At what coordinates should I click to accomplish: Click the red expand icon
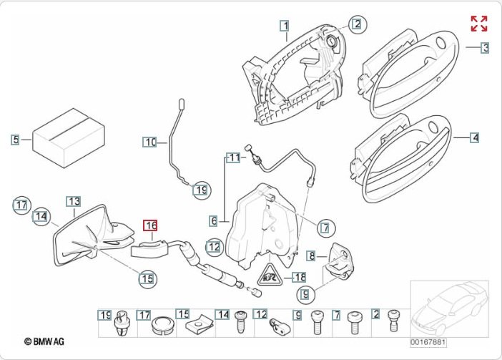pyautogui.click(x=478, y=23)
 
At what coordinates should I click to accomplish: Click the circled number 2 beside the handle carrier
pyautogui.click(x=356, y=24)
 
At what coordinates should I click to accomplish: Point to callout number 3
pyautogui.click(x=485, y=48)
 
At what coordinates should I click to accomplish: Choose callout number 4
pyautogui.click(x=475, y=137)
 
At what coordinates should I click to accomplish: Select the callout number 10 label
pyautogui.click(x=149, y=142)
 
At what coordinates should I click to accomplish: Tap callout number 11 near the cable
pyautogui.click(x=233, y=157)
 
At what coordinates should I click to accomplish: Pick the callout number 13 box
pyautogui.click(x=74, y=202)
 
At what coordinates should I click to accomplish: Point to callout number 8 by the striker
pyautogui.click(x=311, y=255)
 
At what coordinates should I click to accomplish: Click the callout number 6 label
pyautogui.click(x=213, y=220)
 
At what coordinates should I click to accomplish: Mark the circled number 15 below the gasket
pyautogui.click(x=146, y=278)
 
